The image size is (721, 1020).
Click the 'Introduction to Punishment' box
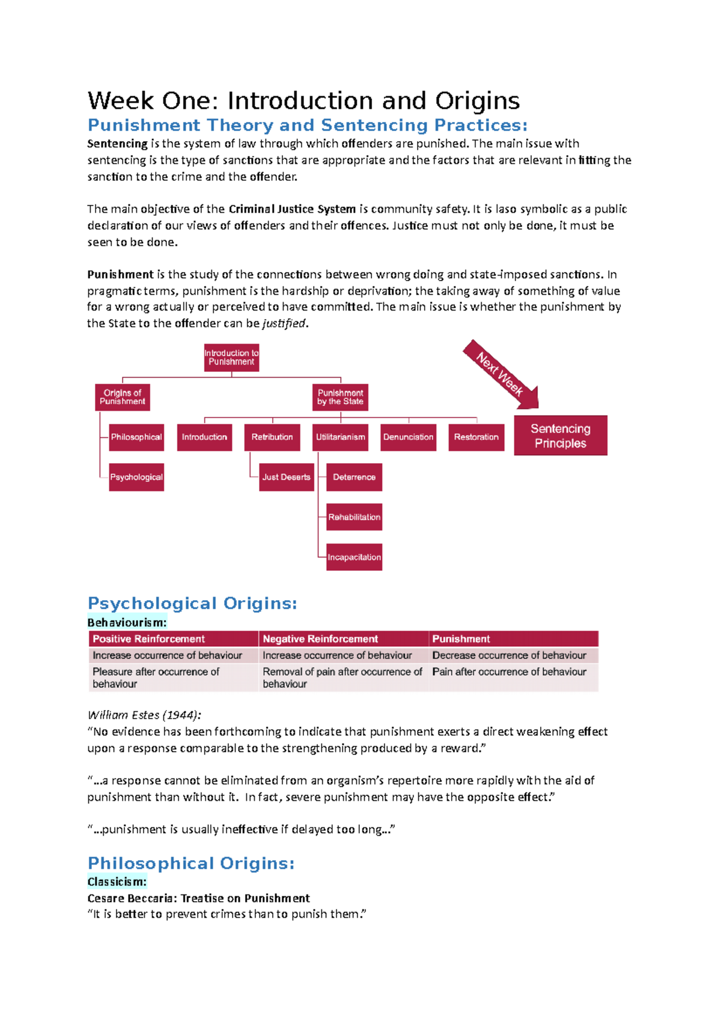tap(231, 357)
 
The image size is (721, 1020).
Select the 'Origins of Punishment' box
tap(123, 397)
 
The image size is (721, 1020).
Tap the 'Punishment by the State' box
tap(340, 397)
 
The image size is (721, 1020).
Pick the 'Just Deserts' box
tap(286, 477)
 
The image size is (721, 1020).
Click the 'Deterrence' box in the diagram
tap(354, 477)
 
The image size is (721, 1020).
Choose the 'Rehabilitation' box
tap(354, 517)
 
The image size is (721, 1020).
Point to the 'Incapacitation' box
tap(354, 557)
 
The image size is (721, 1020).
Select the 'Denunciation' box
tap(408, 437)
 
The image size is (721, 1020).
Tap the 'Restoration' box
tap(476, 437)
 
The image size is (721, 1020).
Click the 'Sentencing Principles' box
tap(560, 436)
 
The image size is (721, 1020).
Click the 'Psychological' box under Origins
tap(136, 477)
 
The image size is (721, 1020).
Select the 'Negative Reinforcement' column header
tap(320, 639)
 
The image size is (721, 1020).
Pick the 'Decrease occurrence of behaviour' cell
tap(509, 655)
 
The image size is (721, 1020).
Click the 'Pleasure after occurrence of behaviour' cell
tap(156, 678)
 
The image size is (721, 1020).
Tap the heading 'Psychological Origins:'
tap(192, 603)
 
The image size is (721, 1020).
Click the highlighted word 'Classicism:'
tap(117, 882)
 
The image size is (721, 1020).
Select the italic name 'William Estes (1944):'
tap(144, 715)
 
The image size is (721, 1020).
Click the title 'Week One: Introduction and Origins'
tap(303, 100)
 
